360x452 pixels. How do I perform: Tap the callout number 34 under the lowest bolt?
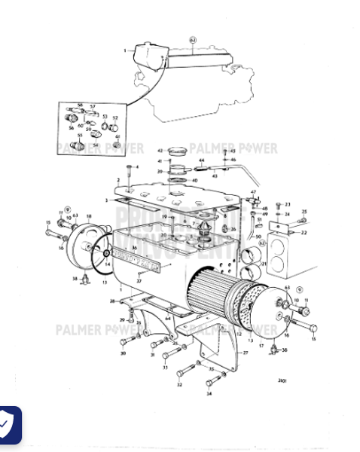tap(209, 393)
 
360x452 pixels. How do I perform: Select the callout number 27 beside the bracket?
tap(245, 352)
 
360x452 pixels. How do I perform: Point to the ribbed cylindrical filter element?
tap(215, 298)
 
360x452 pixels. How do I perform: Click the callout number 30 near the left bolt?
tap(123, 353)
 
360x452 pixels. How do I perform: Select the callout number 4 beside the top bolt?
tap(137, 166)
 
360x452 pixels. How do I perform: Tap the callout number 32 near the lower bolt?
tap(179, 384)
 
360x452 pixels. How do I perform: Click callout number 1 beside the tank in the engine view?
tap(125, 50)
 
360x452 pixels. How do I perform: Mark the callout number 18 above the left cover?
tap(88, 217)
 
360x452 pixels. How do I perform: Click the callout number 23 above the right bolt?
tap(288, 204)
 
